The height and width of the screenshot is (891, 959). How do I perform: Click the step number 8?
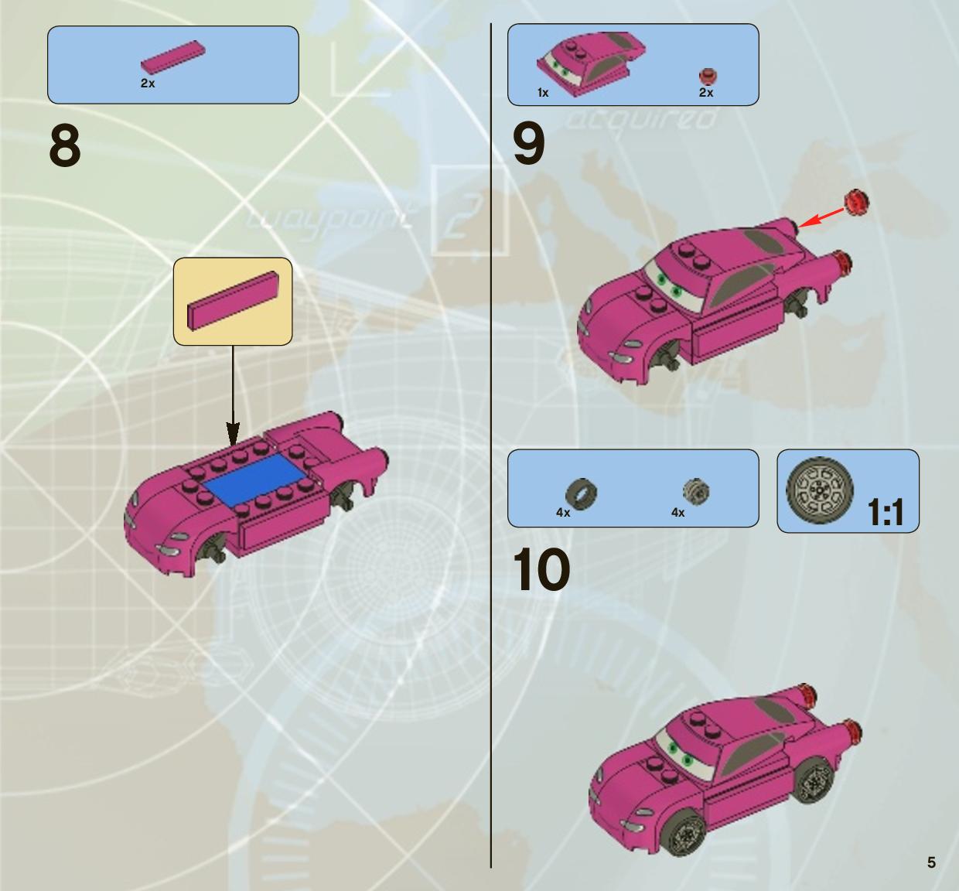click(65, 145)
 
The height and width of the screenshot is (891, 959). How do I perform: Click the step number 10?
click(541, 570)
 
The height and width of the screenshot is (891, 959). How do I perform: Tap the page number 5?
click(931, 862)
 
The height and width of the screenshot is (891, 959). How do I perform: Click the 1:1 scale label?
click(886, 512)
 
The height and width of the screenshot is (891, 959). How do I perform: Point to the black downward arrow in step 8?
click(233, 395)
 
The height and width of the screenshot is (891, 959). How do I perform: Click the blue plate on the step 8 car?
click(251, 479)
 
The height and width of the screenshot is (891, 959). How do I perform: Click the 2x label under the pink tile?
click(148, 83)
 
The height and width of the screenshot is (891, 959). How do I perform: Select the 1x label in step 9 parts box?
click(543, 92)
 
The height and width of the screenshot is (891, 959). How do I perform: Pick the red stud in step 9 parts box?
click(708, 77)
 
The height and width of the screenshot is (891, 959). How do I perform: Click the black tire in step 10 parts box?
click(582, 494)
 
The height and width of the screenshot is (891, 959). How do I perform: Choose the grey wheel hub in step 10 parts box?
click(696, 492)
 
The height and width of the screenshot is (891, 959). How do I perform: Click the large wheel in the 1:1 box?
click(820, 490)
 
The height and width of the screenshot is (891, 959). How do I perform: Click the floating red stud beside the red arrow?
click(856, 203)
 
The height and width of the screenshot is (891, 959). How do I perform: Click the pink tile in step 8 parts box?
click(173, 57)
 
